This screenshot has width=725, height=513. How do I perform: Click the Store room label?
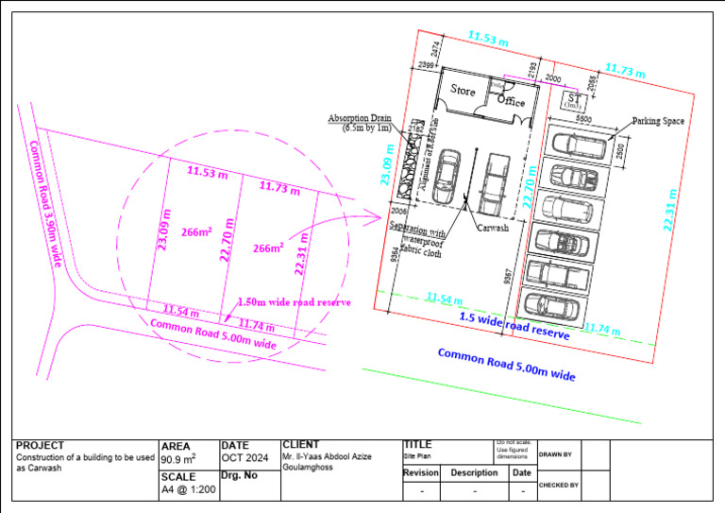coord(463,92)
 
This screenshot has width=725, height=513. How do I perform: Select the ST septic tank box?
coord(573,100)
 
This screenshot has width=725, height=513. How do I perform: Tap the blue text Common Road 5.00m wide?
coord(506,365)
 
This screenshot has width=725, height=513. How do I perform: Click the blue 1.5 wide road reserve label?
coord(514,326)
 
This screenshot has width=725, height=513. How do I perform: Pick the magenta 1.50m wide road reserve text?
coord(294,301)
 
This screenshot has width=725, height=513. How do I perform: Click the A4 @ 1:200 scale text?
coord(187,491)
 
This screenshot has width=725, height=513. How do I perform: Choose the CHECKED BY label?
coord(559,485)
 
